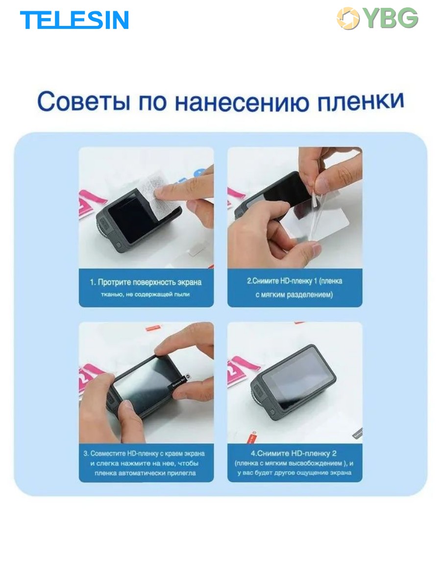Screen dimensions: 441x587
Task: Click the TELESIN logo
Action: pos(74,20)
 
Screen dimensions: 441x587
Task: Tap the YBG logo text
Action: pos(391,18)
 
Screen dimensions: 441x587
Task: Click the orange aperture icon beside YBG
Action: pos(348,18)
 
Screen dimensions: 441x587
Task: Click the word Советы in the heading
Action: pos(83,102)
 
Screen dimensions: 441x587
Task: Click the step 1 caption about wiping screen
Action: pos(146,288)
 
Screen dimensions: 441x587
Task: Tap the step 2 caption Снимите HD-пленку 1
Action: pos(294,288)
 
